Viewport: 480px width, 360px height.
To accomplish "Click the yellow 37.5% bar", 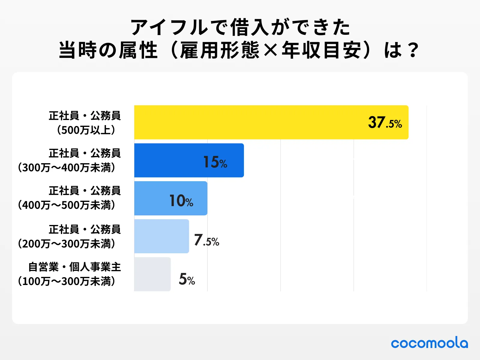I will tap(249, 122).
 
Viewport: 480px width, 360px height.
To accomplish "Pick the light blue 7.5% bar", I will tap(161, 236).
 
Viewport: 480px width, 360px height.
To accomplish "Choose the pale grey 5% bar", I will tap(152, 274).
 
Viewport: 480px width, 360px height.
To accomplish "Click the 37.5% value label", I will tap(385, 123).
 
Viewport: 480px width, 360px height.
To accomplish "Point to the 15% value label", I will tap(215, 162).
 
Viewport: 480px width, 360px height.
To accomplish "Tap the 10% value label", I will tap(181, 201).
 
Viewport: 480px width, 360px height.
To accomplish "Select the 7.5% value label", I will tap(206, 240).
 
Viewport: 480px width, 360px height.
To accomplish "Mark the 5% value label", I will tap(187, 279).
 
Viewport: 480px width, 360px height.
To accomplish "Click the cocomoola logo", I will tap(429, 343).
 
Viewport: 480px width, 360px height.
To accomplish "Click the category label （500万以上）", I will tap(86, 130).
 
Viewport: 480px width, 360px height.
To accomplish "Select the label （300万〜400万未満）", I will tap(67, 167).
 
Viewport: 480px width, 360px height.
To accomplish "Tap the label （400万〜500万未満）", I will tap(67, 205).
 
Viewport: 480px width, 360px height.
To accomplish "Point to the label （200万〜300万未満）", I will tap(67, 244).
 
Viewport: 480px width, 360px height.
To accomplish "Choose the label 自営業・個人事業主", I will tap(74, 267).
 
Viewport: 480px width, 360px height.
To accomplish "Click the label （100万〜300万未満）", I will tap(67, 281).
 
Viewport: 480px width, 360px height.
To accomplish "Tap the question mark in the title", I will tap(413, 50).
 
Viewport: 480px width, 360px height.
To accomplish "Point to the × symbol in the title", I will tap(271, 50).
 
